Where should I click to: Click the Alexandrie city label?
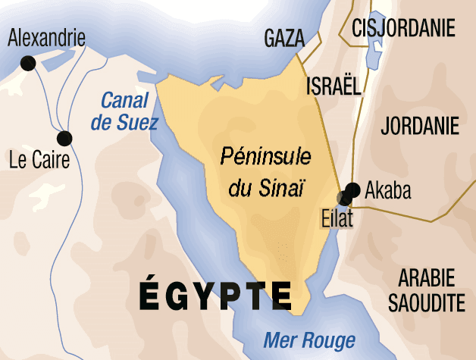click(x=46, y=39)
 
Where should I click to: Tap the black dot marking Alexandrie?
click(x=27, y=64)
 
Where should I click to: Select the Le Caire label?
click(x=39, y=160)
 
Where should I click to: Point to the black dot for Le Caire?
click(x=64, y=138)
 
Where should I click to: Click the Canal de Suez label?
click(x=129, y=111)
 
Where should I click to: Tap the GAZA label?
click(x=284, y=39)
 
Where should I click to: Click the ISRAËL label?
click(x=333, y=86)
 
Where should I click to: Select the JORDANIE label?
click(x=420, y=126)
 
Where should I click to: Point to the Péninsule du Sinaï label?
click(x=266, y=172)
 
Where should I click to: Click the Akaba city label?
click(x=388, y=190)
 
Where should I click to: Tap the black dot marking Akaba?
click(x=352, y=189)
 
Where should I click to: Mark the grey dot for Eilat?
click(x=344, y=198)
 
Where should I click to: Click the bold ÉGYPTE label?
click(x=215, y=295)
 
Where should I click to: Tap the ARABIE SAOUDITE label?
click(x=426, y=290)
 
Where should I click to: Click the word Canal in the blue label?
click(x=125, y=99)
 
